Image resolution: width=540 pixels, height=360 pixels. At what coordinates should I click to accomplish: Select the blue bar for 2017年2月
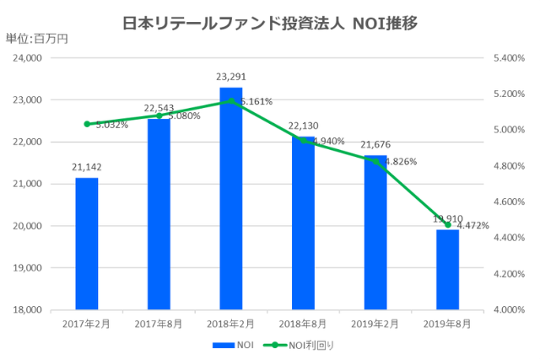pos(86,244)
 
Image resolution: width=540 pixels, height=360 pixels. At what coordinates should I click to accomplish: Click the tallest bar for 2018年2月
pos(231,198)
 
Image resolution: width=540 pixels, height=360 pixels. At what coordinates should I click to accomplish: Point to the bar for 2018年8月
pos(304,223)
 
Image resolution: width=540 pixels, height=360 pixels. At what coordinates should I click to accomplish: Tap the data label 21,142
pos(86,167)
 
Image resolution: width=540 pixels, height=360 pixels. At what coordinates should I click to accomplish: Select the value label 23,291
pos(231,77)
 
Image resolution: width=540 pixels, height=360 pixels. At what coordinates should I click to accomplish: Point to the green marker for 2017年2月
pos(86,124)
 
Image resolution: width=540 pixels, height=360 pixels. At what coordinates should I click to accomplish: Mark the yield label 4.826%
pos(400,162)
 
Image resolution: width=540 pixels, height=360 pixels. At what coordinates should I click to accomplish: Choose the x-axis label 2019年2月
pos(375,322)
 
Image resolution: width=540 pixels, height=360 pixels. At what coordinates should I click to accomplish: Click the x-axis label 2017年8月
pos(159,322)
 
